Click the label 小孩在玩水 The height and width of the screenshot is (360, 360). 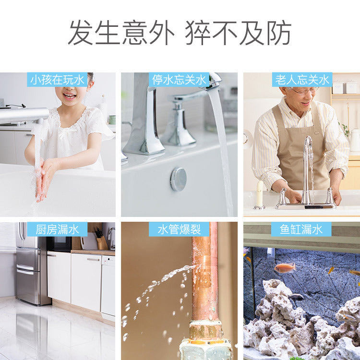tap(57, 80)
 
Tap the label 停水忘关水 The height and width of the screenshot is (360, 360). tap(179, 80)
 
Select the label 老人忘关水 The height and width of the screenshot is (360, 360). tap(302, 80)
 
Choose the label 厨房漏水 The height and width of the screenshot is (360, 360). tap(57, 229)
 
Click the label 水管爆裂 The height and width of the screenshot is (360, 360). tap(179, 229)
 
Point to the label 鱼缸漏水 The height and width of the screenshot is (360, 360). tap(301, 229)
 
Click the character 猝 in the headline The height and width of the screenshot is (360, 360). tap(198, 33)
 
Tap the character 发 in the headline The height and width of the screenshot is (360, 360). tap(80, 33)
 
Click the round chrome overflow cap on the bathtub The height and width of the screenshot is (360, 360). tap(179, 180)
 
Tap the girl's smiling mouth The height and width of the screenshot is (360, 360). tap(69, 96)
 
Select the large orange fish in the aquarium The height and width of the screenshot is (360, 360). tap(285, 268)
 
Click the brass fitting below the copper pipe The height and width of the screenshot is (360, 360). tap(205, 330)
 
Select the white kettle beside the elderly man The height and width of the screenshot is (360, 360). tap(355, 140)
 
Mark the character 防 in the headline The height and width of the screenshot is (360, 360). tap(279, 33)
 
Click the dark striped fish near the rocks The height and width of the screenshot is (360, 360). tap(296, 297)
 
